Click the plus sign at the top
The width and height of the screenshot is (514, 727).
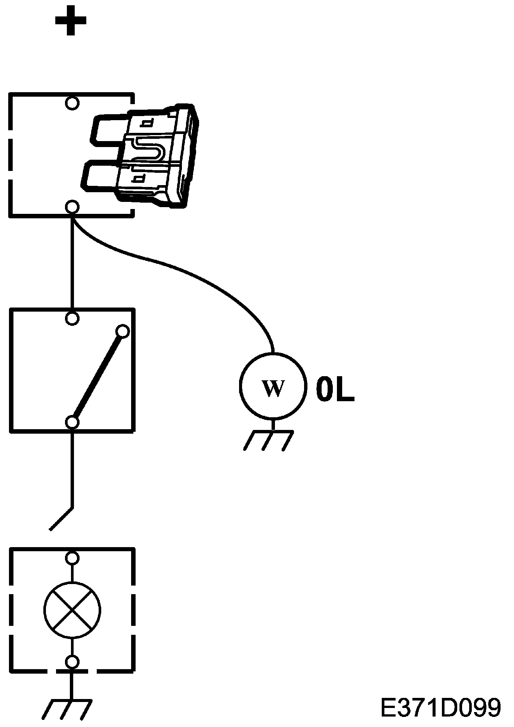(x=71, y=21)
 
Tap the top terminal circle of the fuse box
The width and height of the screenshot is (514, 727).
(x=72, y=103)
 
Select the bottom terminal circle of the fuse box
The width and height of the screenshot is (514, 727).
(x=72, y=206)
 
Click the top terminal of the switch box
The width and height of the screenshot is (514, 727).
(x=72, y=318)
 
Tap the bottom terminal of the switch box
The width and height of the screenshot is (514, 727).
(x=72, y=422)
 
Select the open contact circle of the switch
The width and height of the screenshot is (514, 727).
(x=123, y=331)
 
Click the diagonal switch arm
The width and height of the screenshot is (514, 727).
(x=97, y=377)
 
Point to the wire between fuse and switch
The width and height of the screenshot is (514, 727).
(x=72, y=261)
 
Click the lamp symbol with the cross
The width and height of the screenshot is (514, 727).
(x=72, y=610)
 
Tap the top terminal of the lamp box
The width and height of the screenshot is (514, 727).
(x=72, y=558)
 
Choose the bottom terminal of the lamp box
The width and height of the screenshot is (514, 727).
(x=72, y=662)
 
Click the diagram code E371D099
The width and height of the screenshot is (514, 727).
(x=441, y=708)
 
